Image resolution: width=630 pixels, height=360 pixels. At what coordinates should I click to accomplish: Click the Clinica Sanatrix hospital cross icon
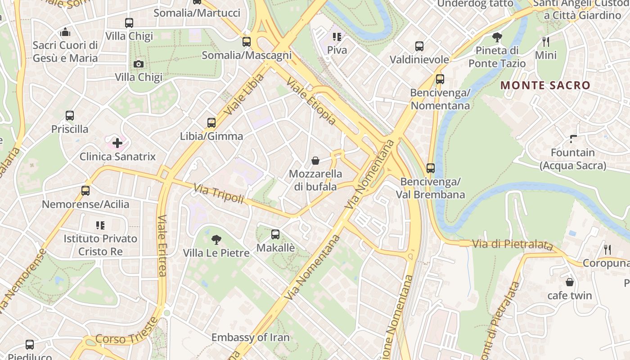point(117,143)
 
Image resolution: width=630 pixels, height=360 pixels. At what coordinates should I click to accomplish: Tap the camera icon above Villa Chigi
point(139,64)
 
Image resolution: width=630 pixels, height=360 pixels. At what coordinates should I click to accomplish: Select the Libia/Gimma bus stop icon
point(211,122)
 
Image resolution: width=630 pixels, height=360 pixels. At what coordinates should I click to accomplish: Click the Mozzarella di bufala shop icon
point(315,161)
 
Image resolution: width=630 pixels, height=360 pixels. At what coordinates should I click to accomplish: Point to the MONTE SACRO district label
point(545,85)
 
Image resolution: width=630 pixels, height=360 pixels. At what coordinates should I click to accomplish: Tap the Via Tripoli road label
point(219,193)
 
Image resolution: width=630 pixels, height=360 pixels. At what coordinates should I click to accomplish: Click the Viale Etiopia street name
point(311,102)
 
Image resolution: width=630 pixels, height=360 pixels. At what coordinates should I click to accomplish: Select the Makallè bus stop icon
point(275,234)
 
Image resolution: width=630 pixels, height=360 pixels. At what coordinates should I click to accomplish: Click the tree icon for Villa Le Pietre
point(216,239)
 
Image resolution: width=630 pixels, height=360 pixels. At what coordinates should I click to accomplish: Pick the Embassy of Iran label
point(250,337)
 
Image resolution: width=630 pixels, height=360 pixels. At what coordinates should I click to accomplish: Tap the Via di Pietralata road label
point(512,244)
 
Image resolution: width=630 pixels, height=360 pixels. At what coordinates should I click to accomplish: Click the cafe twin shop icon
point(570,282)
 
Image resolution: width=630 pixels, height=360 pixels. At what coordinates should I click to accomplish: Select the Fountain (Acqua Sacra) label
point(573,159)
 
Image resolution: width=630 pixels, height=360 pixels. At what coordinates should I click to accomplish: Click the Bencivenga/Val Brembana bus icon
point(431,168)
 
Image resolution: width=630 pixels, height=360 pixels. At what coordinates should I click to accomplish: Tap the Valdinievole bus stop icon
point(419,46)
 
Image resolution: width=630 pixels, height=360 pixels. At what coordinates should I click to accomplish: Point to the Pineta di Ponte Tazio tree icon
point(497,37)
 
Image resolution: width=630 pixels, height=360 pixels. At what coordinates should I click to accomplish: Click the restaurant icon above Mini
point(546,42)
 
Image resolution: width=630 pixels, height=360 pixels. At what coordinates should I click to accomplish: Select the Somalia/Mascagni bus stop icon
point(247,42)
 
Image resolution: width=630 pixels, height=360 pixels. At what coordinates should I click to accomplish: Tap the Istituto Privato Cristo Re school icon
point(100,225)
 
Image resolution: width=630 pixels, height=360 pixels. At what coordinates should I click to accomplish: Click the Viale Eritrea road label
point(162,245)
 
